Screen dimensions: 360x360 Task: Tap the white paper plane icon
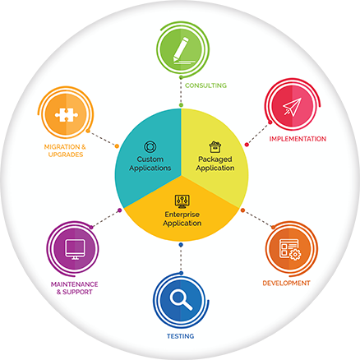[293, 106]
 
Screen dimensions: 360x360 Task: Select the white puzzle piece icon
[67, 114]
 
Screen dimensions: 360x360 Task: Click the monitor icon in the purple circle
[75, 250]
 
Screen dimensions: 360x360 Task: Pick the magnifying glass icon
[181, 300]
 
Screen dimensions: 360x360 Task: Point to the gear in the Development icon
[295, 255]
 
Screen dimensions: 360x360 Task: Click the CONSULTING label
[205, 85]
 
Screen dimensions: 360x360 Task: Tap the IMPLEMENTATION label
[298, 139]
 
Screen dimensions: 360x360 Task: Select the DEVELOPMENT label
[286, 283]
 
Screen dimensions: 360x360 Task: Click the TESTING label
[181, 336]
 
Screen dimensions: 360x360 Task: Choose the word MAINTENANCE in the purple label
[75, 284]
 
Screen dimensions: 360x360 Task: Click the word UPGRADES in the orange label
[66, 155]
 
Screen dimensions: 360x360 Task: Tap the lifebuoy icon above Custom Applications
[150, 147]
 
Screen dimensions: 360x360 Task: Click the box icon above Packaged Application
[215, 147]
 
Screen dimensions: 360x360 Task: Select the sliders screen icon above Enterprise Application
[182, 201]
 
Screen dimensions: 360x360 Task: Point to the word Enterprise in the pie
[182, 215]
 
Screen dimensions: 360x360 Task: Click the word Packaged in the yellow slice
[215, 159]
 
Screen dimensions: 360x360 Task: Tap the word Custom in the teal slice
[150, 159]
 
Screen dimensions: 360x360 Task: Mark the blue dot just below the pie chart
[181, 245]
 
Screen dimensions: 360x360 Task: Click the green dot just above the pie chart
[181, 105]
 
